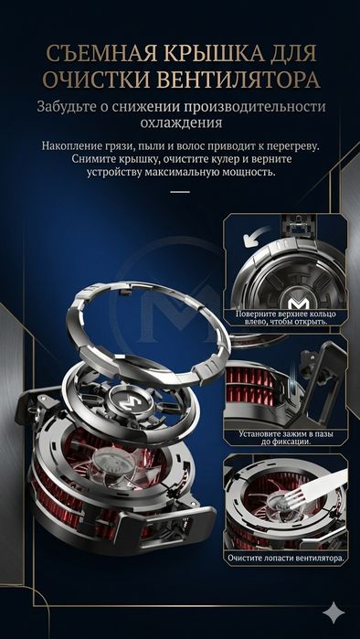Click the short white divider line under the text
(180, 192)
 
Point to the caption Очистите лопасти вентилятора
(285, 557)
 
